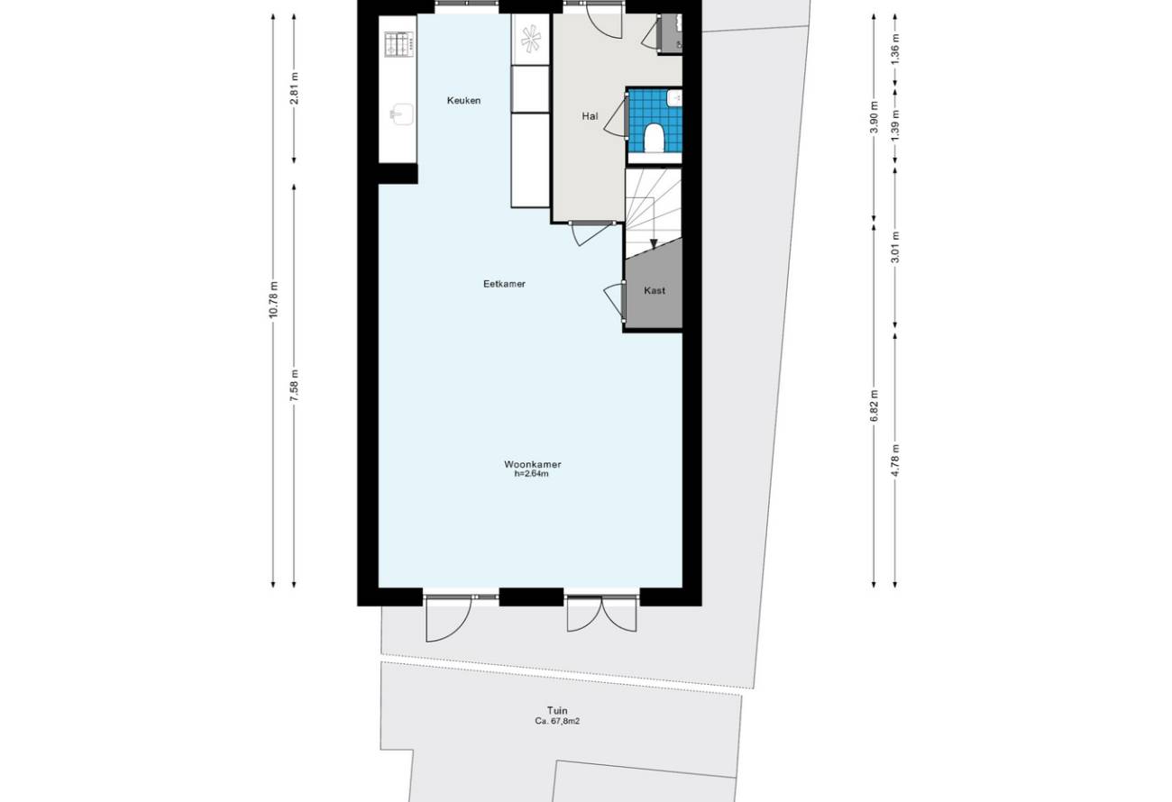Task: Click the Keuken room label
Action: click(x=463, y=100)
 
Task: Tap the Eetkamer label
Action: click(x=504, y=284)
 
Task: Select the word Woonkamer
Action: click(x=533, y=464)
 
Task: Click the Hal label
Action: click(x=590, y=116)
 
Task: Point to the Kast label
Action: click(x=655, y=290)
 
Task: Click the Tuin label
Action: click(x=557, y=710)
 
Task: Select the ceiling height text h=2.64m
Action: click(x=532, y=474)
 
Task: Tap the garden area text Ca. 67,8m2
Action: click(x=557, y=721)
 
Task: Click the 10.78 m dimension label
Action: click(x=273, y=299)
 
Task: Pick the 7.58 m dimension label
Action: click(x=294, y=386)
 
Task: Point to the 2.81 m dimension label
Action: click(x=294, y=88)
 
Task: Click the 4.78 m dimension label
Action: click(x=895, y=460)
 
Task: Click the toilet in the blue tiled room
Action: click(x=654, y=138)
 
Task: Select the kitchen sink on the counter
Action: click(x=401, y=114)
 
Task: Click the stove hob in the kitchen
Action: click(x=399, y=44)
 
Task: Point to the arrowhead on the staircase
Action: click(x=654, y=243)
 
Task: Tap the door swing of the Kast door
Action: click(x=612, y=301)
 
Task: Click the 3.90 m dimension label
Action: click(x=874, y=117)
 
